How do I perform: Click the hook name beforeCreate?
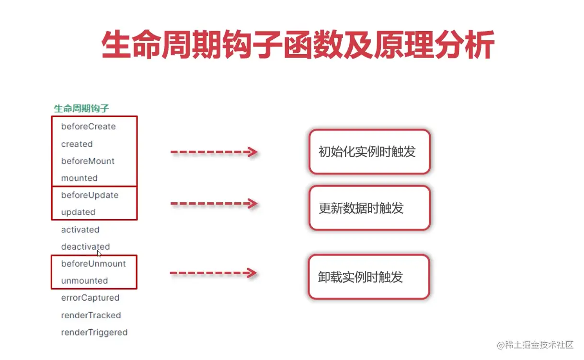(x=88, y=127)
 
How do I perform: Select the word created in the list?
(x=77, y=144)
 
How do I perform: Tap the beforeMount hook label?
(x=88, y=161)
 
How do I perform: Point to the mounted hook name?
(x=79, y=178)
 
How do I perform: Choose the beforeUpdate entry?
(x=90, y=195)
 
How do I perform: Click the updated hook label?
(x=78, y=212)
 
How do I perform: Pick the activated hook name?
(x=80, y=230)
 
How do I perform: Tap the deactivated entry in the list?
(x=85, y=246)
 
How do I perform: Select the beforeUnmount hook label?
(x=93, y=264)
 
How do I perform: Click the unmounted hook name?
(x=84, y=280)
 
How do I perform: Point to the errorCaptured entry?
(x=90, y=298)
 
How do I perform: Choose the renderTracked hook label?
(x=91, y=315)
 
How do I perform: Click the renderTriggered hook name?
(x=94, y=332)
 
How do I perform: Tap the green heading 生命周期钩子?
(x=81, y=108)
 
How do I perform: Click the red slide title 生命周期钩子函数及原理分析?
(x=298, y=46)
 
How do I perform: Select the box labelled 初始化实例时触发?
(x=369, y=151)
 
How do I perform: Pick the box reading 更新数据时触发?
(x=369, y=208)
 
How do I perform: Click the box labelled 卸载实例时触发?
(x=368, y=277)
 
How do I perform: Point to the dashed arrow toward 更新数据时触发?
(x=214, y=204)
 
